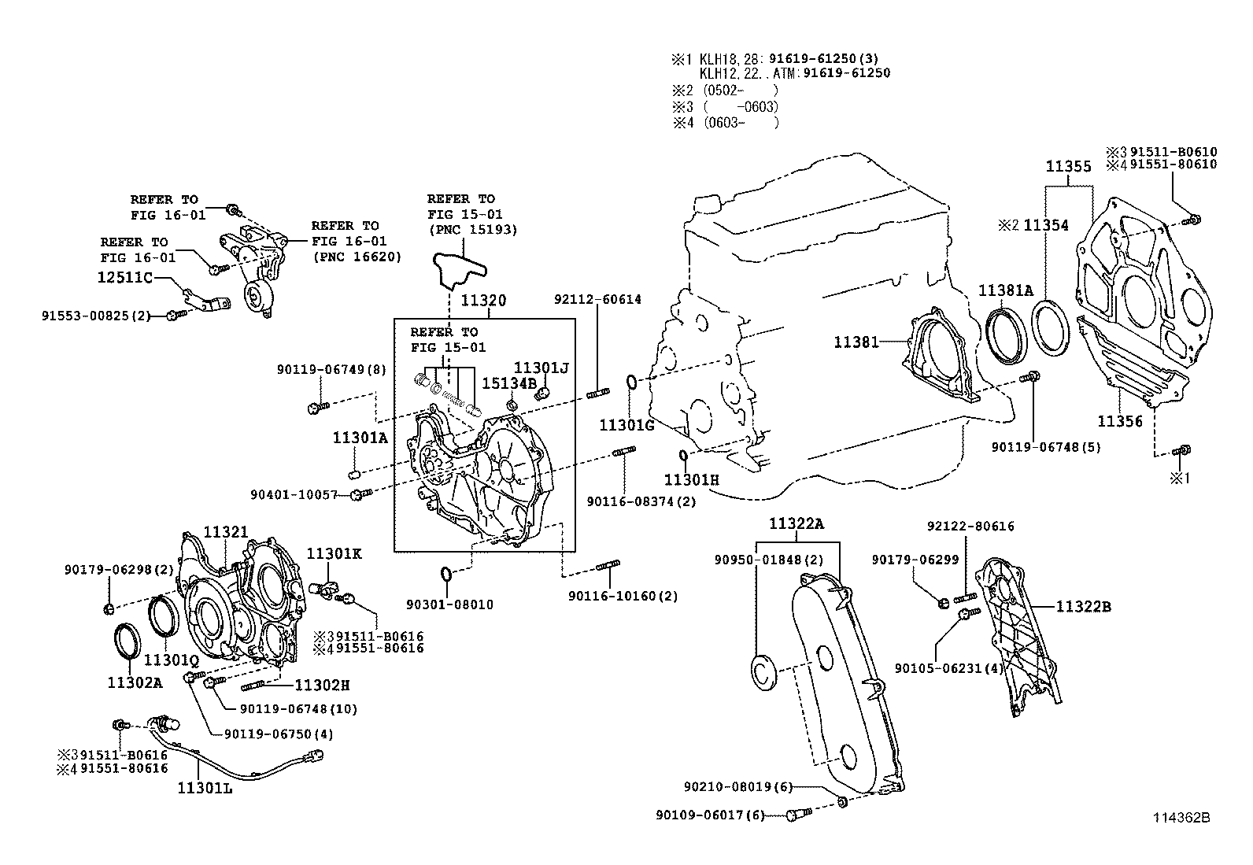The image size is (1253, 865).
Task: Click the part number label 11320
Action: coord(483,301)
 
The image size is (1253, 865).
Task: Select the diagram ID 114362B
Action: coord(1181,818)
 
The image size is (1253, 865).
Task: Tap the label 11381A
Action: coord(1005,290)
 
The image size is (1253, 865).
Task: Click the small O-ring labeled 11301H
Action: coord(683,456)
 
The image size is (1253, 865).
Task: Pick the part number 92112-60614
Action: coord(597,299)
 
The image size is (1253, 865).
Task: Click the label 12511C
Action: coord(124,278)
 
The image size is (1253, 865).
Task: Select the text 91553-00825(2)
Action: coord(95,316)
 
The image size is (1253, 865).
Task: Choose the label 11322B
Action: coord(1082,607)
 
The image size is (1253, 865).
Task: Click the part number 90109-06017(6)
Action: coord(709,816)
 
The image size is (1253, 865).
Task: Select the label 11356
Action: coord(1119,421)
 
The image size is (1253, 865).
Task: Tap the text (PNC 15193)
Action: coord(471,230)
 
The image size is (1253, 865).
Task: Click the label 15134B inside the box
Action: coord(508,383)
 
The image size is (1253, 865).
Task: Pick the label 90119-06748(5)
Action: coord(1045,447)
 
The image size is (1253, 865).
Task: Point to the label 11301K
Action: coord(333,554)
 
